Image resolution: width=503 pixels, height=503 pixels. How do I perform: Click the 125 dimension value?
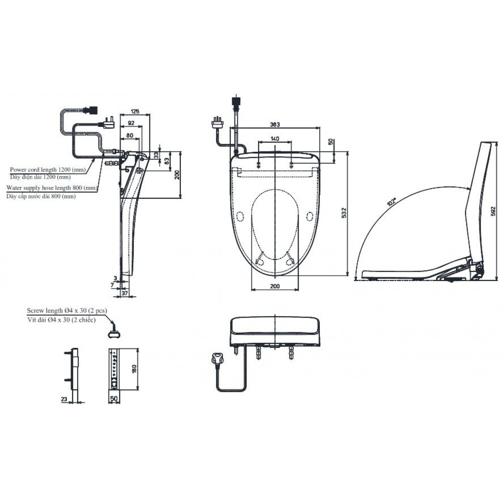pos(135,111)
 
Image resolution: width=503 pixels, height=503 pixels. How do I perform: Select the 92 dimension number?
pos(131,123)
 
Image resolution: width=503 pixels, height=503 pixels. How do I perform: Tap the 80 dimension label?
pos(130,136)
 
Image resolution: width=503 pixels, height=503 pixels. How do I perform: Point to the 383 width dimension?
pos(275,125)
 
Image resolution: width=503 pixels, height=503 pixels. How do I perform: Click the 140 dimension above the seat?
pos(275,139)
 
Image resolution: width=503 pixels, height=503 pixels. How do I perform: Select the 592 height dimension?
pos(494,211)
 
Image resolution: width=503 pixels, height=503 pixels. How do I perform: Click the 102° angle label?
pos(392,202)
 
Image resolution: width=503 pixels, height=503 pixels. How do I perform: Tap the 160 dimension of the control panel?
pos(134,369)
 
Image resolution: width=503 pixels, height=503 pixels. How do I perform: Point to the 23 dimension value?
pos(64,399)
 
